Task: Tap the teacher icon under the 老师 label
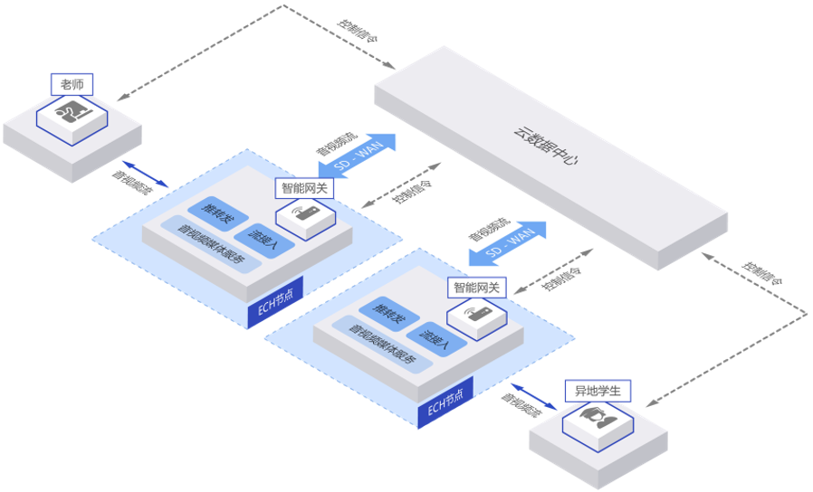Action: (x=72, y=114)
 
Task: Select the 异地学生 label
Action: (x=598, y=392)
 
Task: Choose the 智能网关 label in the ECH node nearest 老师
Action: (x=305, y=188)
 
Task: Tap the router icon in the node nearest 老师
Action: (x=305, y=215)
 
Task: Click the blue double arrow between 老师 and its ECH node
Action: (x=145, y=174)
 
